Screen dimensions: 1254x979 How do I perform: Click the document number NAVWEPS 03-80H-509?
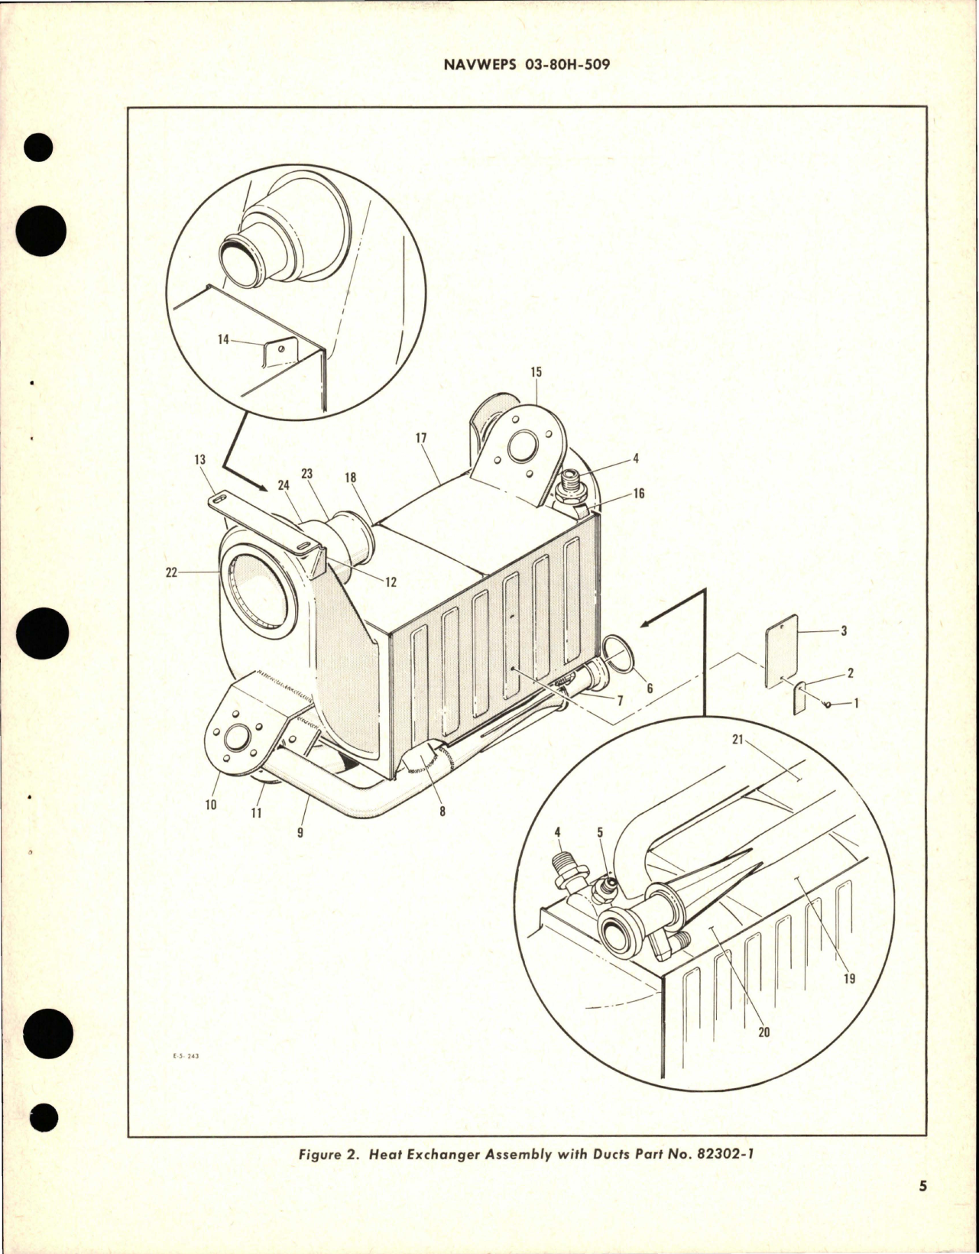[x=527, y=65]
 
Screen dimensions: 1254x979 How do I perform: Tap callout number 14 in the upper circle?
[x=223, y=339]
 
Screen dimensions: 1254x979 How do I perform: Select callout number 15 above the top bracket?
[x=536, y=372]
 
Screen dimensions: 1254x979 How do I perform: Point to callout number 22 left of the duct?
[x=171, y=572]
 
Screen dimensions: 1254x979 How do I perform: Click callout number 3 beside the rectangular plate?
[x=844, y=631]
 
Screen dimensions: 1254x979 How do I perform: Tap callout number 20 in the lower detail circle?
[x=763, y=1032]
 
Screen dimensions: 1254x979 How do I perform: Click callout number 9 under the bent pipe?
[x=300, y=832]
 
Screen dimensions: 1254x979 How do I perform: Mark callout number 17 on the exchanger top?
[x=421, y=438]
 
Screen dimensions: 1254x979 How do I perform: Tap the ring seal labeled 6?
[x=620, y=656]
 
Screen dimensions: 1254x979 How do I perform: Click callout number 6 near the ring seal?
[x=650, y=689]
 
